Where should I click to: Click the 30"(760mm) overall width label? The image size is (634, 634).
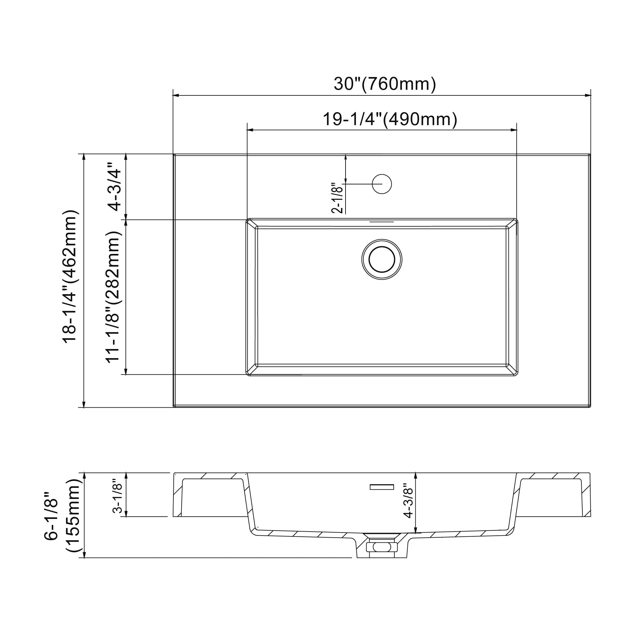[x=385, y=84]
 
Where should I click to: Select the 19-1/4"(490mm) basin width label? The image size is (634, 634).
[x=390, y=119]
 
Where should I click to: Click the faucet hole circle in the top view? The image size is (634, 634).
[x=382, y=184]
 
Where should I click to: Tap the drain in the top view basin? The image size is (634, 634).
[x=382, y=260]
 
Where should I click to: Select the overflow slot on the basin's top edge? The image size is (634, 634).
[x=382, y=222]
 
